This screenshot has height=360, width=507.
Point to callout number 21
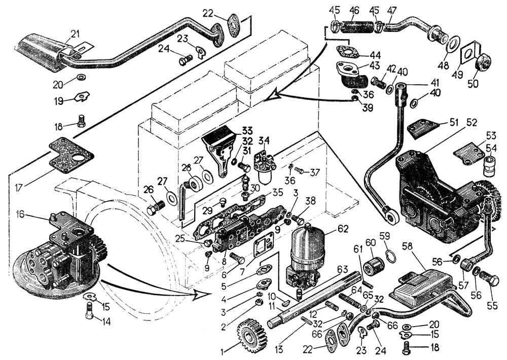click(x=75, y=33)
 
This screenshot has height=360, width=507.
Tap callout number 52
click(x=472, y=122)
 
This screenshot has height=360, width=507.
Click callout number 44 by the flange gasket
click(x=375, y=54)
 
